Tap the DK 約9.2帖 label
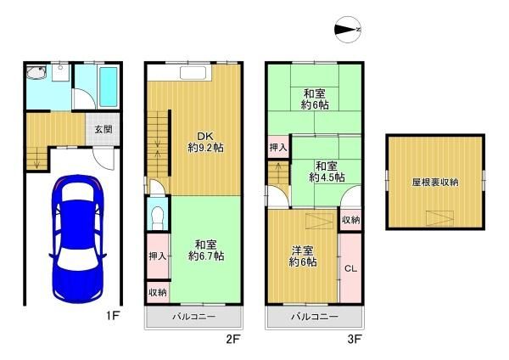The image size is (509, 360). tap(205, 141)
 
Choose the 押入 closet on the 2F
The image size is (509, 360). tap(157, 256)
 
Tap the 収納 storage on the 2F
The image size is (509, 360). tap(157, 292)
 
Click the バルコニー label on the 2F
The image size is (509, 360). tap(195, 317)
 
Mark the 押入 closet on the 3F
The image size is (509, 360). tap(277, 148)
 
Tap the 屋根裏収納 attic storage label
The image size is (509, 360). tap(435, 182)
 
